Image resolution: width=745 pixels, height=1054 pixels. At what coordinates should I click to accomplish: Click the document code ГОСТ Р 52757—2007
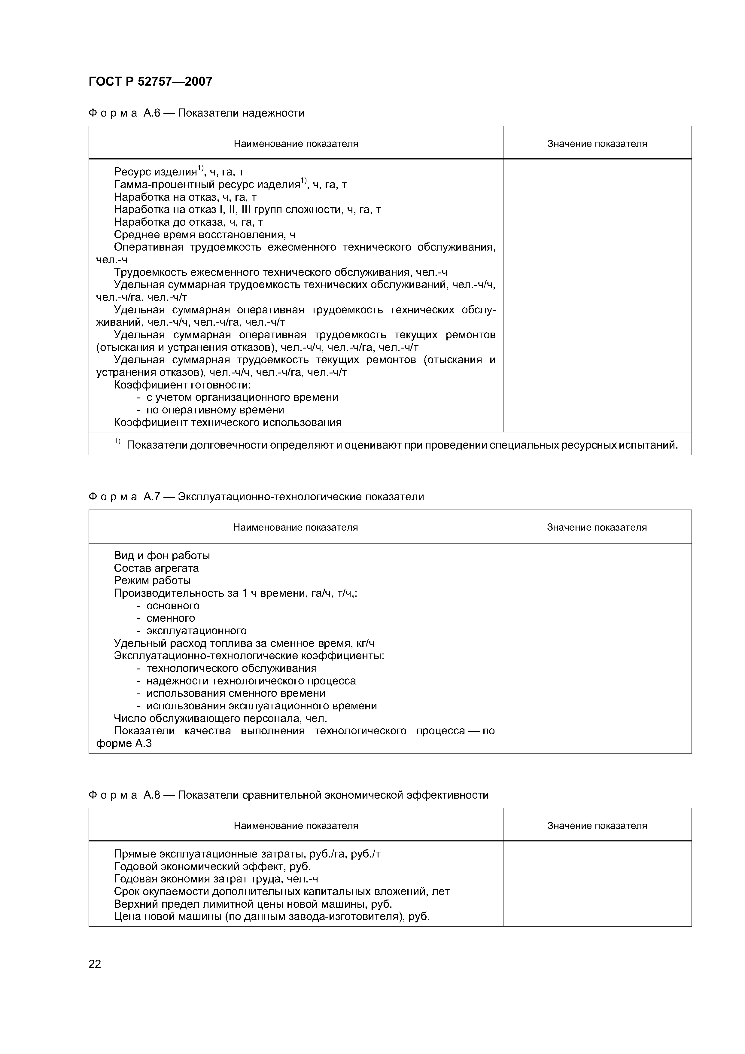pos(150,82)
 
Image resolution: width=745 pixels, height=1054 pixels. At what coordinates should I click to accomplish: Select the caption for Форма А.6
pos(196,113)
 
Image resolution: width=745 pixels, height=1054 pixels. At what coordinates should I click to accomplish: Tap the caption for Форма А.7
pos(256,497)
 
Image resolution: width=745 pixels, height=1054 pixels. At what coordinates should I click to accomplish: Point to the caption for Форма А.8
pos(288,795)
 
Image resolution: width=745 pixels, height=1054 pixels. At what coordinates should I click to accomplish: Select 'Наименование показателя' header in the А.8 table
pos(296,826)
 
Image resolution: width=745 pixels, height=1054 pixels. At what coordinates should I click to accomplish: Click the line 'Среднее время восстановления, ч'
pos(204,235)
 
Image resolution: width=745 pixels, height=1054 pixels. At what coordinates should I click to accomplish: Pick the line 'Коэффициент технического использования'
pos(228,423)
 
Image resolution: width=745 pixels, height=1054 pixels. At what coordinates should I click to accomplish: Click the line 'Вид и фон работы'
pos(162,556)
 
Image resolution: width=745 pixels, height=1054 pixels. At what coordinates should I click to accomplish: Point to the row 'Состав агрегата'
pos(156,568)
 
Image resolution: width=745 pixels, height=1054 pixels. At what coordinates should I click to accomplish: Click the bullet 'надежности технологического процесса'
pos(251,681)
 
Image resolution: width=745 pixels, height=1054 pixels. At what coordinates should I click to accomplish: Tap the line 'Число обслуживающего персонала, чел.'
pos(220,718)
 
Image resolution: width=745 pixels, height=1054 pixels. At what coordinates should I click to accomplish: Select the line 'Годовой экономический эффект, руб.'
pos(212,867)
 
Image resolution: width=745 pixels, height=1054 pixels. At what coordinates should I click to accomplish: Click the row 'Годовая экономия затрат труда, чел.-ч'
pos(216,879)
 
